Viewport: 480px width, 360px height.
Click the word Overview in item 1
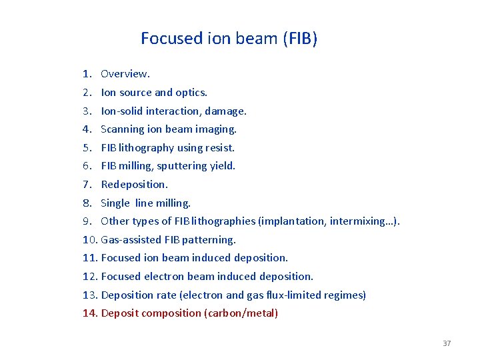pos(125,74)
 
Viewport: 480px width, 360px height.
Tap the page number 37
pos(447,343)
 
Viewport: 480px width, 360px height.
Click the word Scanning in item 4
pos(122,129)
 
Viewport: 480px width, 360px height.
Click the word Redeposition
pos(133,185)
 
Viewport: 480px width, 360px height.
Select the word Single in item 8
pos(115,203)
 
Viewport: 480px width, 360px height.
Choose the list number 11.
pos(90,258)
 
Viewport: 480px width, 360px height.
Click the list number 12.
pos(90,277)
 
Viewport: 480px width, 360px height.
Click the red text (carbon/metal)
pos(240,313)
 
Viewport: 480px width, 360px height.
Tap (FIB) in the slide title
pos(300,39)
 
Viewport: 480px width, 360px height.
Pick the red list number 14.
pos(90,313)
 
